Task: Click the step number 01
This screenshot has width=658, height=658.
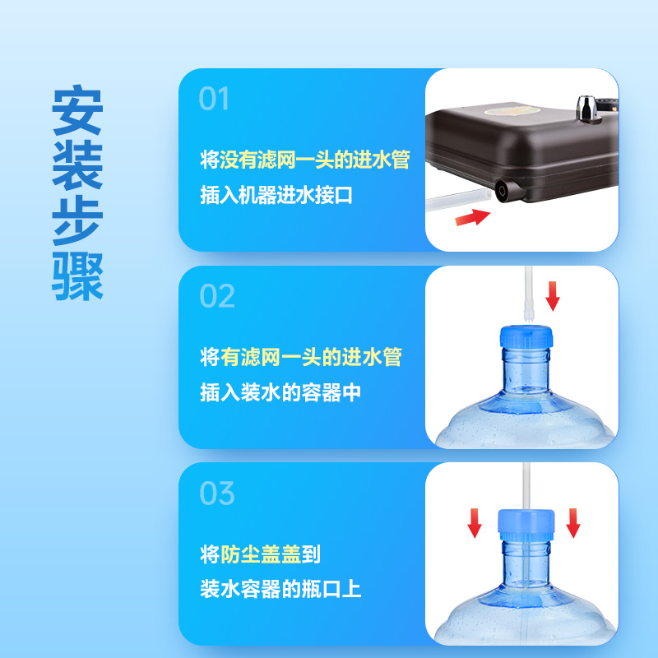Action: [x=214, y=100]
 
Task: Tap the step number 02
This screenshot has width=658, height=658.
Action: [x=217, y=296]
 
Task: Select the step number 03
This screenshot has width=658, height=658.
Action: [x=217, y=493]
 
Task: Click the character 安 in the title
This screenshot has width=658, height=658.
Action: [x=77, y=110]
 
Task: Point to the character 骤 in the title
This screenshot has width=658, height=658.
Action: [x=77, y=276]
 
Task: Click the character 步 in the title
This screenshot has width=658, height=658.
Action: [x=77, y=221]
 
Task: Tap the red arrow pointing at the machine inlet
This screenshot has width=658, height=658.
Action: [x=471, y=217]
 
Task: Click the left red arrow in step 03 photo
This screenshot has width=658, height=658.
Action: [x=475, y=521]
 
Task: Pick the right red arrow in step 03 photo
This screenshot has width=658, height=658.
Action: [x=573, y=521]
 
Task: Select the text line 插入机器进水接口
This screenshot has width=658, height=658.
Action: [x=276, y=197]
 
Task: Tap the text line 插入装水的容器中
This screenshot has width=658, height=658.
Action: [x=280, y=393]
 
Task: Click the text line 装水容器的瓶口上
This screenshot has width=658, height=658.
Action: [x=280, y=590]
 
